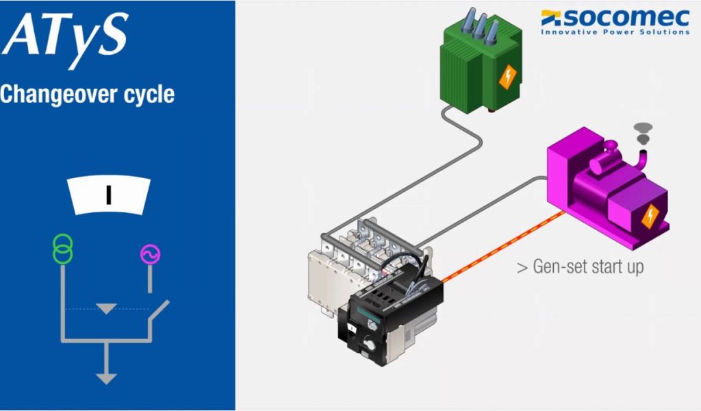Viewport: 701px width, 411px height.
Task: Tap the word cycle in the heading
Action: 149,95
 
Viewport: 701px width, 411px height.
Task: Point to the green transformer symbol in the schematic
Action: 62,249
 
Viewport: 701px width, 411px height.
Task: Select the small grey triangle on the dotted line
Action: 106,309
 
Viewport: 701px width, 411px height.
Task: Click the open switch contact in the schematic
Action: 158,312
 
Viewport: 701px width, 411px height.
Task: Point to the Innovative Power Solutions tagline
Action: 615,32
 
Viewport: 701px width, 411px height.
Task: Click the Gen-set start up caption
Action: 580,266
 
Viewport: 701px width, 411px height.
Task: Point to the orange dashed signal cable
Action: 503,247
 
